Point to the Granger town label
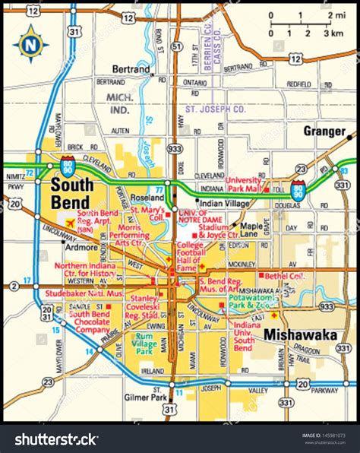click(x=324, y=131)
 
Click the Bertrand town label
click(x=131, y=69)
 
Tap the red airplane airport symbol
click(x=71, y=223)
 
